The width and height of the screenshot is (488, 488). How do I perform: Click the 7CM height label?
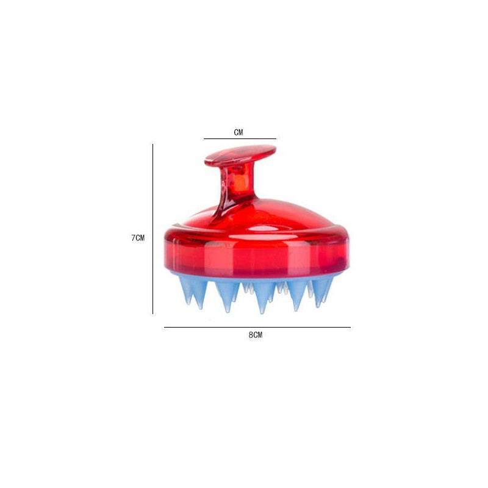pos(137,238)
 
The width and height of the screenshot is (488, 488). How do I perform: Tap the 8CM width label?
pos(255,335)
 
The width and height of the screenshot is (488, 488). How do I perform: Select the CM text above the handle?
pos(239,132)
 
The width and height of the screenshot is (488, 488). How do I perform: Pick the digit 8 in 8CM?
pos(250,335)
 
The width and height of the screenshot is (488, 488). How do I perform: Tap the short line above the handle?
pos(240,138)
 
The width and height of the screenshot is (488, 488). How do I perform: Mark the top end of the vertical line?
pos(152,145)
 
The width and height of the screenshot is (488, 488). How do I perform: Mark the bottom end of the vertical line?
pos(152,314)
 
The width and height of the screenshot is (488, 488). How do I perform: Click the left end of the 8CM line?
pos(165,328)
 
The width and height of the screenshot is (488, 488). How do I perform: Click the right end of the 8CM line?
pos(350,328)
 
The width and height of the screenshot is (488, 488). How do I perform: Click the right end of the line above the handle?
pos(276,138)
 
